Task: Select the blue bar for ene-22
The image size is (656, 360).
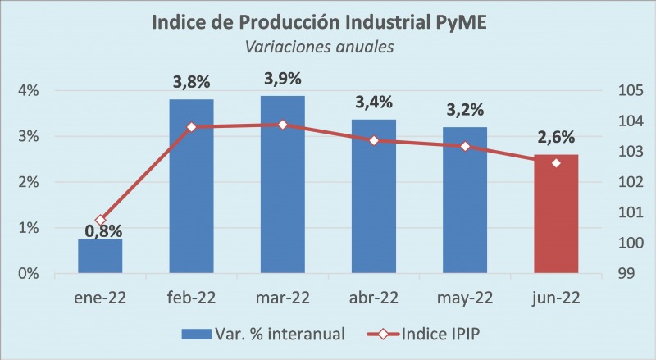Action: [x=100, y=256]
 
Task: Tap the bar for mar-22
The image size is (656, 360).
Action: [x=282, y=185]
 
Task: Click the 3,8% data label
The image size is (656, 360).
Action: [x=191, y=83]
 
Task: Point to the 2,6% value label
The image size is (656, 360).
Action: [x=556, y=138]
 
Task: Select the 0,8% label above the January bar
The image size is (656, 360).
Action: [x=102, y=232]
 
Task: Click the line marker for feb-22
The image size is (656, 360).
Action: [x=191, y=127]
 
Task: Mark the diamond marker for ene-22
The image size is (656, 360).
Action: [x=101, y=220]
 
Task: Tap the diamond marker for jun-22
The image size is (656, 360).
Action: [x=556, y=162]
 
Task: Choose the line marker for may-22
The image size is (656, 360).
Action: [x=465, y=146]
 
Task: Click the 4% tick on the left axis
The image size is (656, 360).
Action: [x=29, y=91]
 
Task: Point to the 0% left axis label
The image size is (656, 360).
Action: [x=29, y=273]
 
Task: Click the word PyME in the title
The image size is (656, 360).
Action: [x=457, y=21]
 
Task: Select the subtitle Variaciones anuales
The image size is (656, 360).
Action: [x=320, y=47]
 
